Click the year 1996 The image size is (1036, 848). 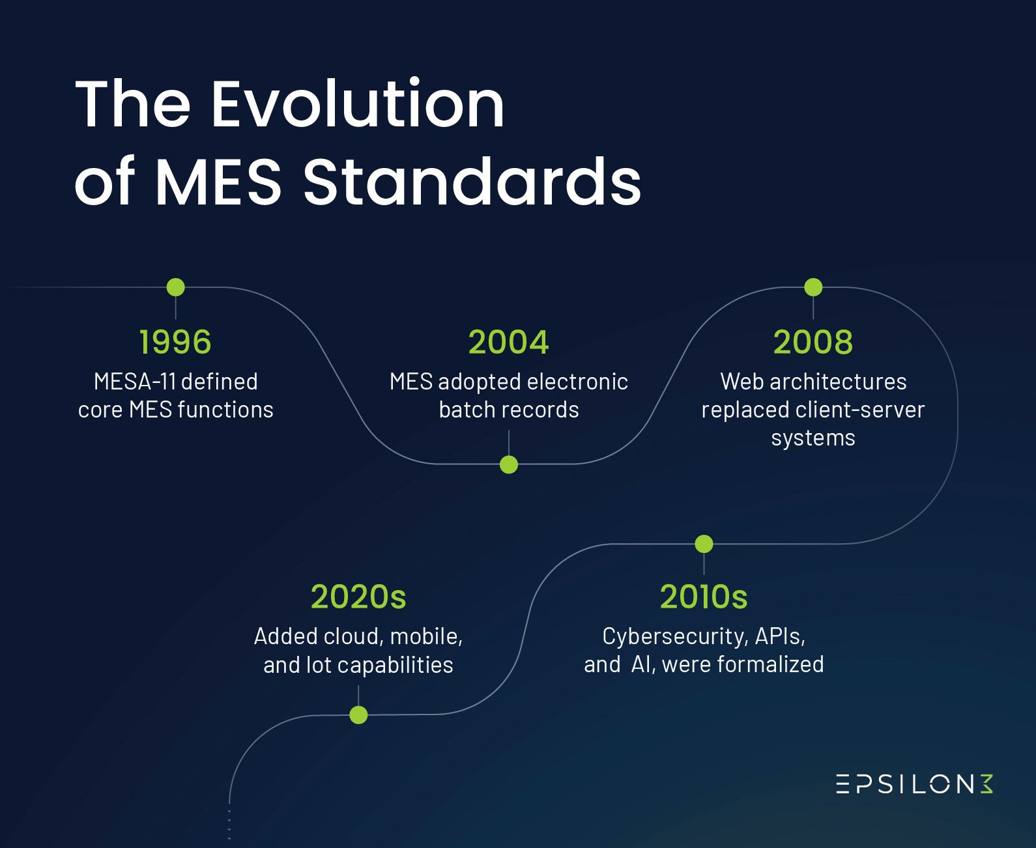[175, 342]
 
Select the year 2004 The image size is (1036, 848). [508, 342]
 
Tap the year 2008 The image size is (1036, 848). [813, 342]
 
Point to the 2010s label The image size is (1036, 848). [704, 597]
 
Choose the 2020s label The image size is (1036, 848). [358, 597]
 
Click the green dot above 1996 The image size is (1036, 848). [175, 287]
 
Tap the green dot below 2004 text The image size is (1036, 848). [509, 464]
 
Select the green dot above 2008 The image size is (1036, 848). [813, 287]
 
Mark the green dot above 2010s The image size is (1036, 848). [704, 544]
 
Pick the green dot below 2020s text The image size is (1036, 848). [358, 715]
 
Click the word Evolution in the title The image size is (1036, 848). [358, 104]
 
